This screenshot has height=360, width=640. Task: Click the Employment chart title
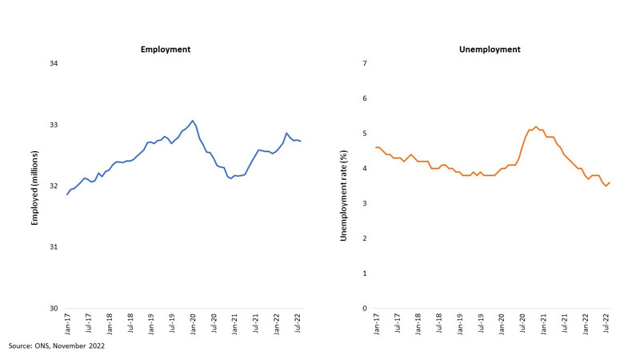pyautogui.click(x=166, y=50)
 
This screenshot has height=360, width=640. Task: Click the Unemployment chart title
pyautogui.click(x=490, y=50)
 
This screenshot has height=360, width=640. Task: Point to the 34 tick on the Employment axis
pyautogui.click(x=54, y=64)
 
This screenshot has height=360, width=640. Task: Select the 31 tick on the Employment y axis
pyautogui.click(x=54, y=247)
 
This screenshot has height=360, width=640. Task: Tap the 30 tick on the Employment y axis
pyautogui.click(x=54, y=309)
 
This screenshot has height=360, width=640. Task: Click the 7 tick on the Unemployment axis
pyautogui.click(x=364, y=64)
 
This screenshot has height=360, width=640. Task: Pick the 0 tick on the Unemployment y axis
pyautogui.click(x=364, y=309)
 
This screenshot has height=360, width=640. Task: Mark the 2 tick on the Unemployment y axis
pyautogui.click(x=364, y=238)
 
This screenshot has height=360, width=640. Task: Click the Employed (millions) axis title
pyautogui.click(x=36, y=186)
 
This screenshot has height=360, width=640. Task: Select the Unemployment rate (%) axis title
pyautogui.click(x=346, y=186)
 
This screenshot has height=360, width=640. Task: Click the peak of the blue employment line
pyautogui.click(x=193, y=121)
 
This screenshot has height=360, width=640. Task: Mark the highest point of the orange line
pyautogui.click(x=535, y=126)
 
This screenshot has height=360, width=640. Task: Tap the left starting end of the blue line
pyautogui.click(x=67, y=194)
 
